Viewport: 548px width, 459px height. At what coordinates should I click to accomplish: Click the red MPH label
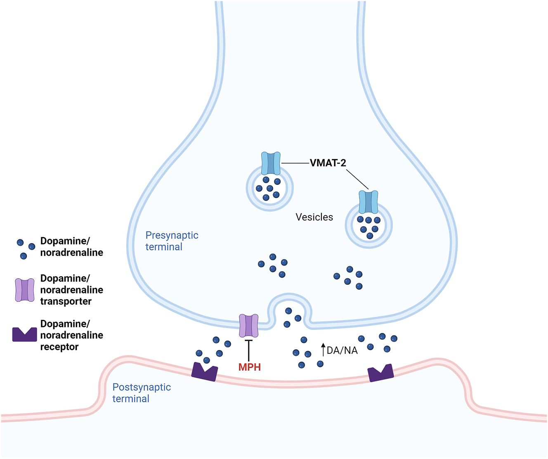coord(250,367)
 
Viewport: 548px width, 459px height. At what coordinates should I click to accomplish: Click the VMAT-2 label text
coord(328,163)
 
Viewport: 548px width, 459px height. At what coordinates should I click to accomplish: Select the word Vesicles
coord(314,217)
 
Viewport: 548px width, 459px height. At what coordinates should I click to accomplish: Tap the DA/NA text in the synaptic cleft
coord(342,350)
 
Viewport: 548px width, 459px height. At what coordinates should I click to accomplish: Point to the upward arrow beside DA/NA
coord(323,350)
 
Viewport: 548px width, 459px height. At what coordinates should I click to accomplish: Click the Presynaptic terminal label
coord(172,241)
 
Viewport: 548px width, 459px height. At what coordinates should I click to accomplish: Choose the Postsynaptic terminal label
coord(142,393)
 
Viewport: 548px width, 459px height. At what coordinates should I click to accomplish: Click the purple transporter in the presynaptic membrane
coord(249,325)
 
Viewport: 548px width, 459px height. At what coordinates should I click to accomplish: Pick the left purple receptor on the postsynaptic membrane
coord(204,372)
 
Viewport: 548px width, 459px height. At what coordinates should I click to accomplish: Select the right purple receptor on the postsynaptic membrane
coord(380,373)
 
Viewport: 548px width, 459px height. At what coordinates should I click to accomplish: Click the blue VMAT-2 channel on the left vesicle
coord(271,163)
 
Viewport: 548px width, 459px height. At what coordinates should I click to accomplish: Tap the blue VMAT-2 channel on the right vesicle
coord(368,202)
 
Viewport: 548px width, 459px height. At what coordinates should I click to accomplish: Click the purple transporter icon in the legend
coord(25,290)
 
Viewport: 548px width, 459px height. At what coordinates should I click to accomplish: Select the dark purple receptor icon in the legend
coord(24,334)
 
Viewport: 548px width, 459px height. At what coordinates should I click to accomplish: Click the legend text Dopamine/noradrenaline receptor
coord(71,335)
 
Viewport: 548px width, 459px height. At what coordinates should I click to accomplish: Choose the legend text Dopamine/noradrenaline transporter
coord(71,290)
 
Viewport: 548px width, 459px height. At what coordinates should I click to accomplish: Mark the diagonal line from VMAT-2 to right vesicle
coord(357,179)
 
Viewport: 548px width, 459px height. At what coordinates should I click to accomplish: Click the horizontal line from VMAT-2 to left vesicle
coord(295,163)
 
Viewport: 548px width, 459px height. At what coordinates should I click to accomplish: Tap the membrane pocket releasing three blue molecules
coord(291,314)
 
